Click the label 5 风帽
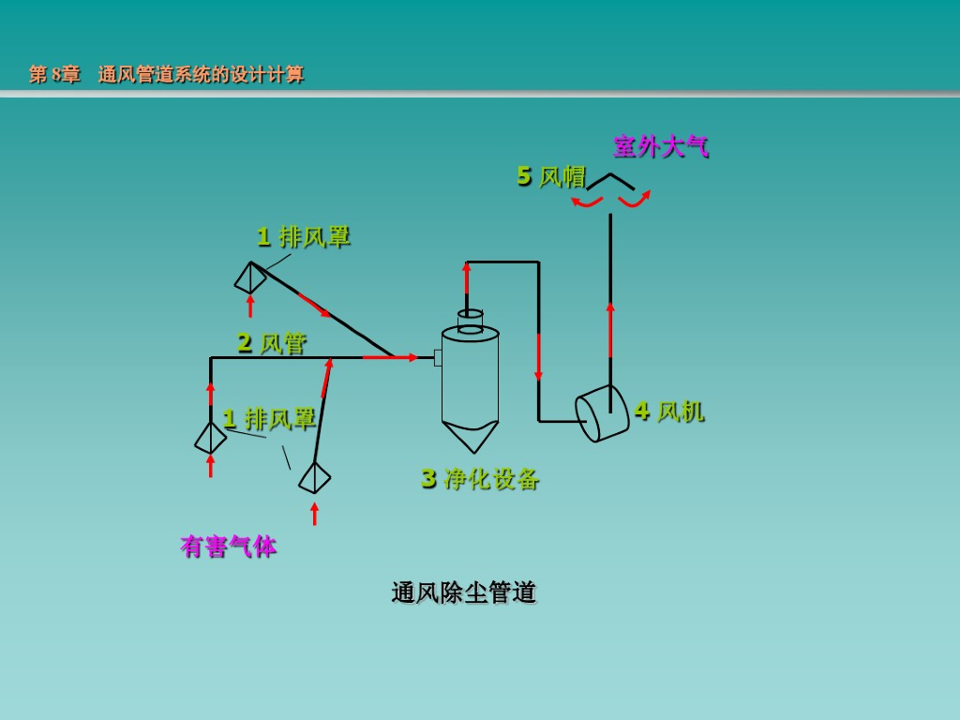click(551, 176)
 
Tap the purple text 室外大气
click(661, 147)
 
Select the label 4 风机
click(669, 411)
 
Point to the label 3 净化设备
click(480, 478)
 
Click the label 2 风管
click(272, 343)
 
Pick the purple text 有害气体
click(229, 547)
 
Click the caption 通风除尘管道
click(464, 592)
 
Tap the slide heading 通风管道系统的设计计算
click(201, 75)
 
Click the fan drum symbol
click(602, 413)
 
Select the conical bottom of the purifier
click(471, 436)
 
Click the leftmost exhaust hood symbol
click(211, 438)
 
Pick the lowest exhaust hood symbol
click(315, 477)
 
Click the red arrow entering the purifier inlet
click(391, 357)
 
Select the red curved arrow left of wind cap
click(587, 202)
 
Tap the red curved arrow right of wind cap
click(635, 201)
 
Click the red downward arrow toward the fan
click(539, 357)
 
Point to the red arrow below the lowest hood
click(315, 515)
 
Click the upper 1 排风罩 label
click(304, 237)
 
